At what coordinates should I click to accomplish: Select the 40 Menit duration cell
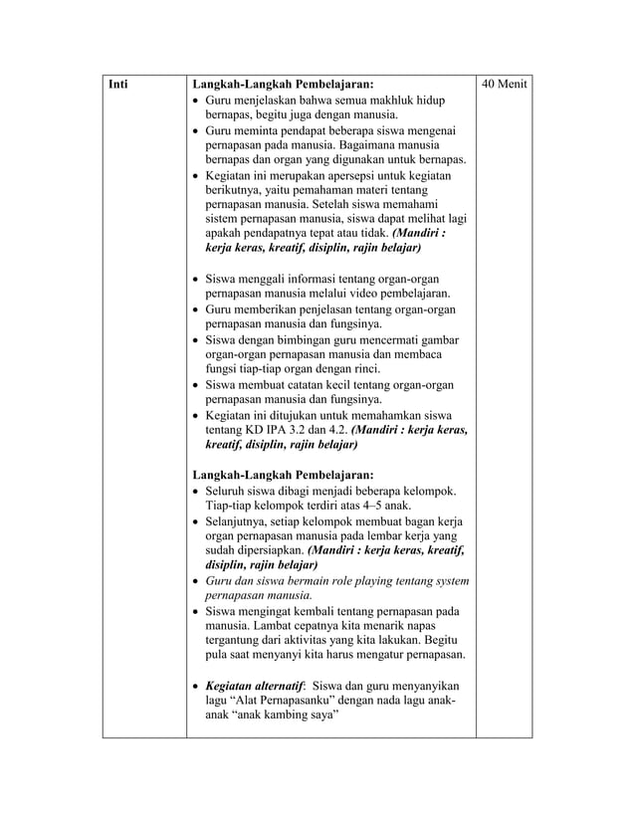coord(504,86)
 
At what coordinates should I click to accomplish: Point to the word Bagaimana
coord(365,144)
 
